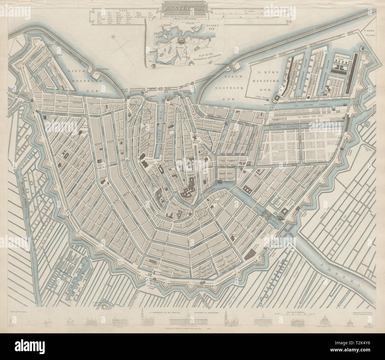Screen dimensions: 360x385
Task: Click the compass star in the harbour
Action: pyautogui.click(x=113, y=37)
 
